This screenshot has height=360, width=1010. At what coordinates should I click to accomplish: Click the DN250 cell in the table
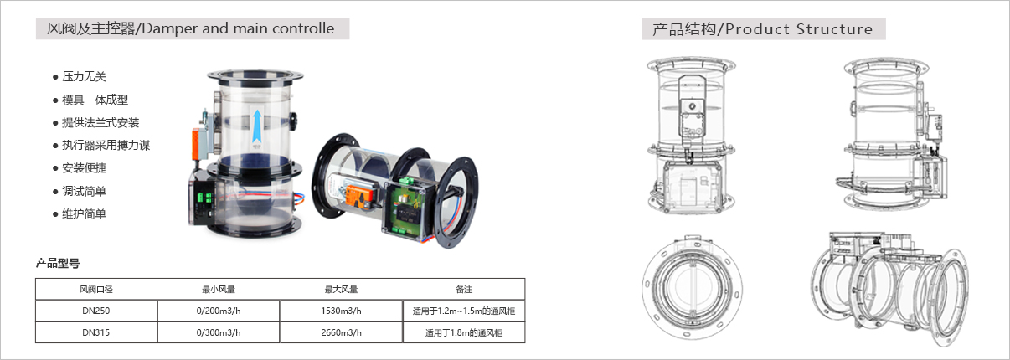coord(96,311)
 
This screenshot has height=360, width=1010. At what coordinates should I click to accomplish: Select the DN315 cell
coord(96,332)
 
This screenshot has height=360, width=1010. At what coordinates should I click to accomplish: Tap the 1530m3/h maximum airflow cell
coord(341,311)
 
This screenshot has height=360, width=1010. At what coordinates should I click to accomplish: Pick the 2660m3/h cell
coord(341,332)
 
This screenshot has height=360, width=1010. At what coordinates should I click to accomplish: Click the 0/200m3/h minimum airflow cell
coord(219,311)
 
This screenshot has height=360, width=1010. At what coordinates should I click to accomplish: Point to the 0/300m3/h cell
coord(219,332)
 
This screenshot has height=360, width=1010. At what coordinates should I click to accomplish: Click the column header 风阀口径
coord(96,290)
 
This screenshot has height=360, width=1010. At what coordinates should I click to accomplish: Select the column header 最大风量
coord(341,290)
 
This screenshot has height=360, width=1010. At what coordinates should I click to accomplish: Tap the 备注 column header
coord(464,290)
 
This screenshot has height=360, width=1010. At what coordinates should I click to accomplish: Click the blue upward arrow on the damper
coord(257,126)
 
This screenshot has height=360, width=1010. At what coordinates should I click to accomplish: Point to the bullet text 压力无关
coord(84,76)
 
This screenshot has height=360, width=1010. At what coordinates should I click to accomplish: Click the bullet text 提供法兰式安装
coord(100,122)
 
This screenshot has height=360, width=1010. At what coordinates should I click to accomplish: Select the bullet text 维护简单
coord(84,214)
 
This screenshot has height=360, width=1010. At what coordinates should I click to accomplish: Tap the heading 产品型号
coord(58,263)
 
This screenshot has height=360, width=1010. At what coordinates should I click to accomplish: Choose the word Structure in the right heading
coord(834,29)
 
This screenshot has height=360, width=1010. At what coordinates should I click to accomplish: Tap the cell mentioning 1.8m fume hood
coord(463,333)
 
